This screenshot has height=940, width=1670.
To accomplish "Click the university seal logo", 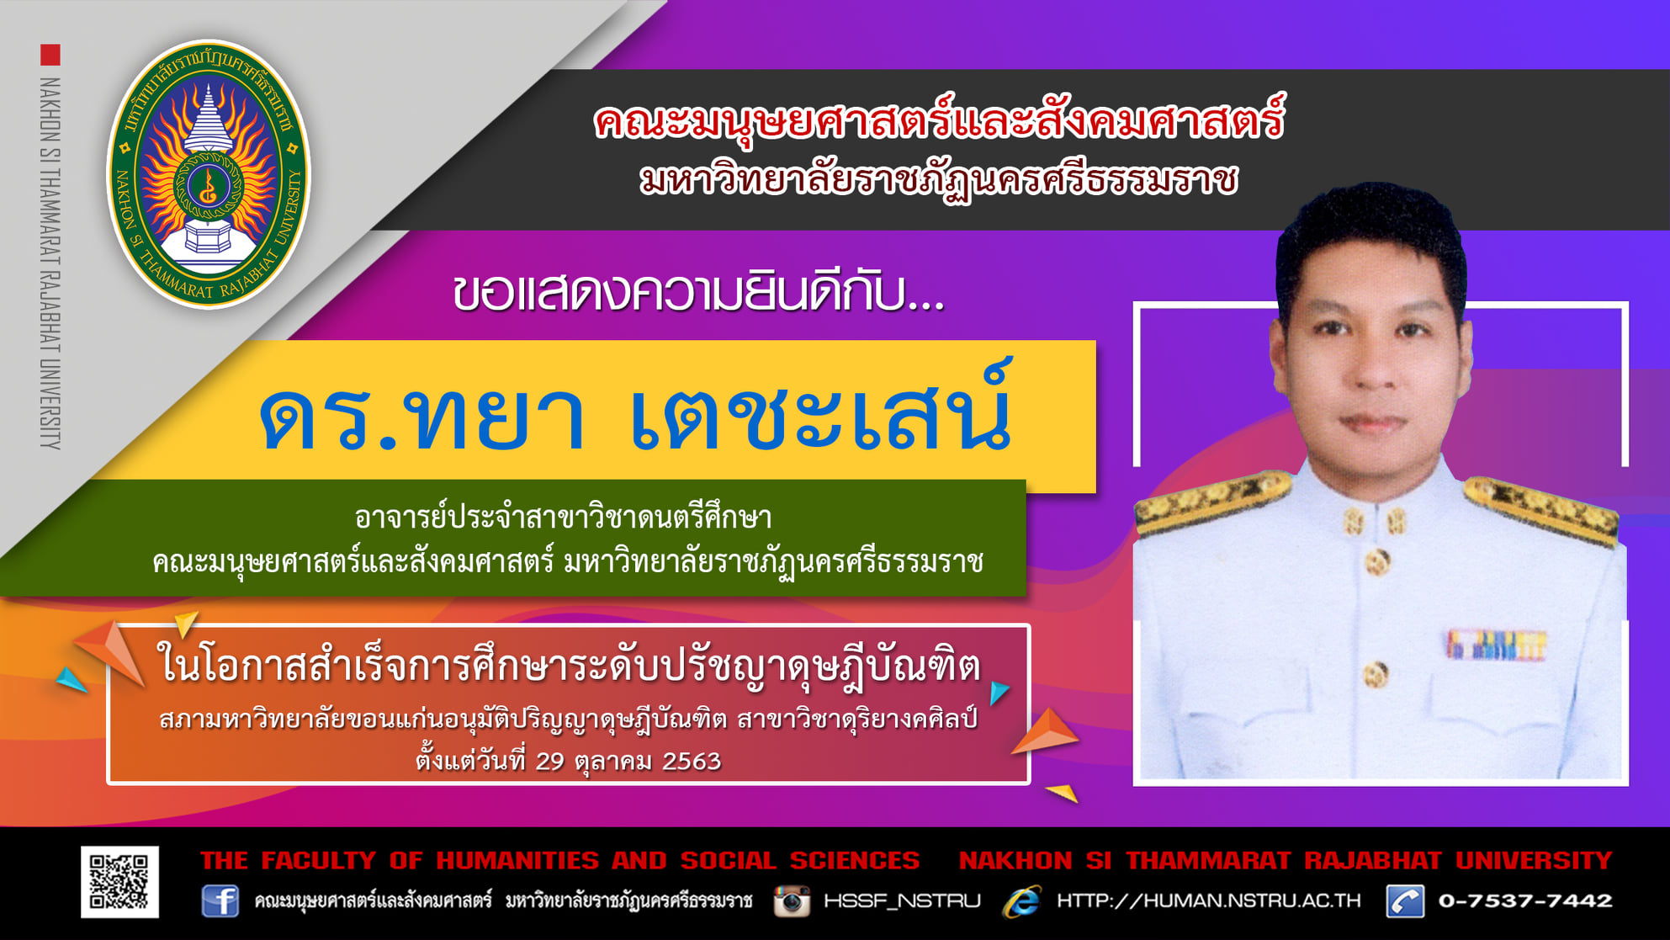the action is tap(209, 174).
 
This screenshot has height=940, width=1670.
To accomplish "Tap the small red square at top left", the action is tap(50, 55).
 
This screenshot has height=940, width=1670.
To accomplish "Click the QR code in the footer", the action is tap(119, 881).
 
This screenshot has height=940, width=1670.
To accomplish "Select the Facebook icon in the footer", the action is tap(220, 900).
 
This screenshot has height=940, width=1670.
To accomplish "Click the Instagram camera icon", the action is tap(792, 900).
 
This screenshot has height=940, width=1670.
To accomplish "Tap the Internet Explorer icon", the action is tap(1022, 900).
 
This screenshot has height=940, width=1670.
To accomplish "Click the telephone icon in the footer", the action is tap(1405, 900).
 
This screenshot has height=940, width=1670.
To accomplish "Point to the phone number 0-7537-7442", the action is tap(1525, 900).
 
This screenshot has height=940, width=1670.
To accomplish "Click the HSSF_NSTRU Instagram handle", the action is tap(902, 901).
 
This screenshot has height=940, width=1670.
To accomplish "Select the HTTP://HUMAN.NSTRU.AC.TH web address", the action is tap(1208, 900).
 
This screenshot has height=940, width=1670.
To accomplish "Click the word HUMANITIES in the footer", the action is tap(517, 860).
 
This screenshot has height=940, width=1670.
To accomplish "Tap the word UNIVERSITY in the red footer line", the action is tap(1534, 860).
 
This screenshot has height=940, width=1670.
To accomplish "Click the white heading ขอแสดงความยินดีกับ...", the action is tap(698, 294).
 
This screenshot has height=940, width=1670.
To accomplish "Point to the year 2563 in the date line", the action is tap(692, 761).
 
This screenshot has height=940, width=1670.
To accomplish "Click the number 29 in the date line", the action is tap(549, 761).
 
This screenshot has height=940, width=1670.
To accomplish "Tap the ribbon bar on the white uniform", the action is tap(1496, 645).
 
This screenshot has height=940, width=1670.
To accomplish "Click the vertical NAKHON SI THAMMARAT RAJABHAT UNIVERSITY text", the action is tap(50, 263).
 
